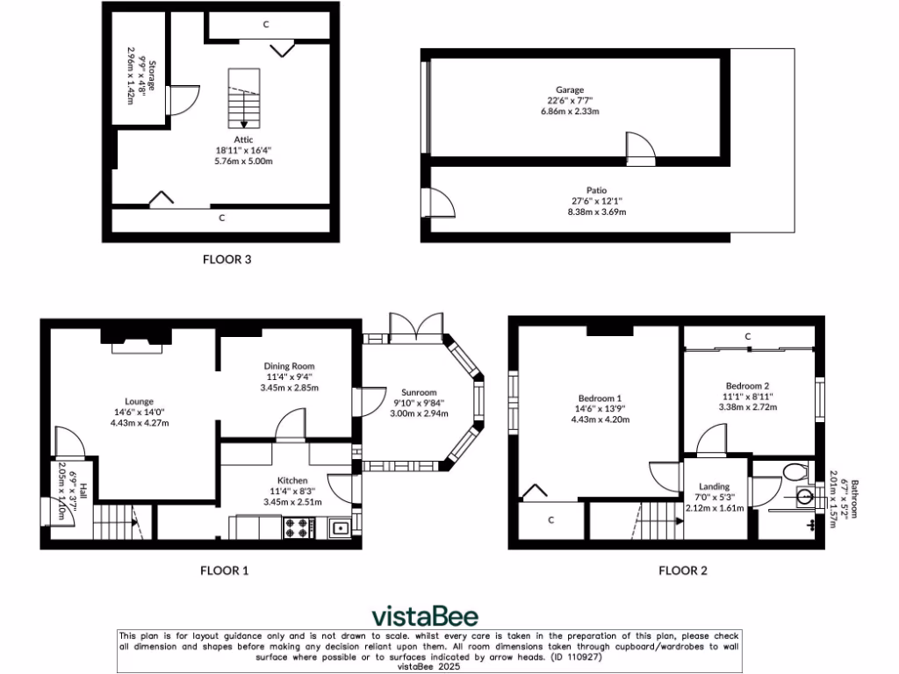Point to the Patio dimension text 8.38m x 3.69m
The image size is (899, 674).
point(597,212)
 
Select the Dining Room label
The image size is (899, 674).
point(289,366)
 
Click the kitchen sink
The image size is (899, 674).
point(340,527)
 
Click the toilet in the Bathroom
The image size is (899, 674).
point(795,473)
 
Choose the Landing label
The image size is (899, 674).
point(715,486)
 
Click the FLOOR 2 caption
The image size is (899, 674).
point(683,570)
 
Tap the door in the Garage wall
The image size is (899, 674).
point(640,148)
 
